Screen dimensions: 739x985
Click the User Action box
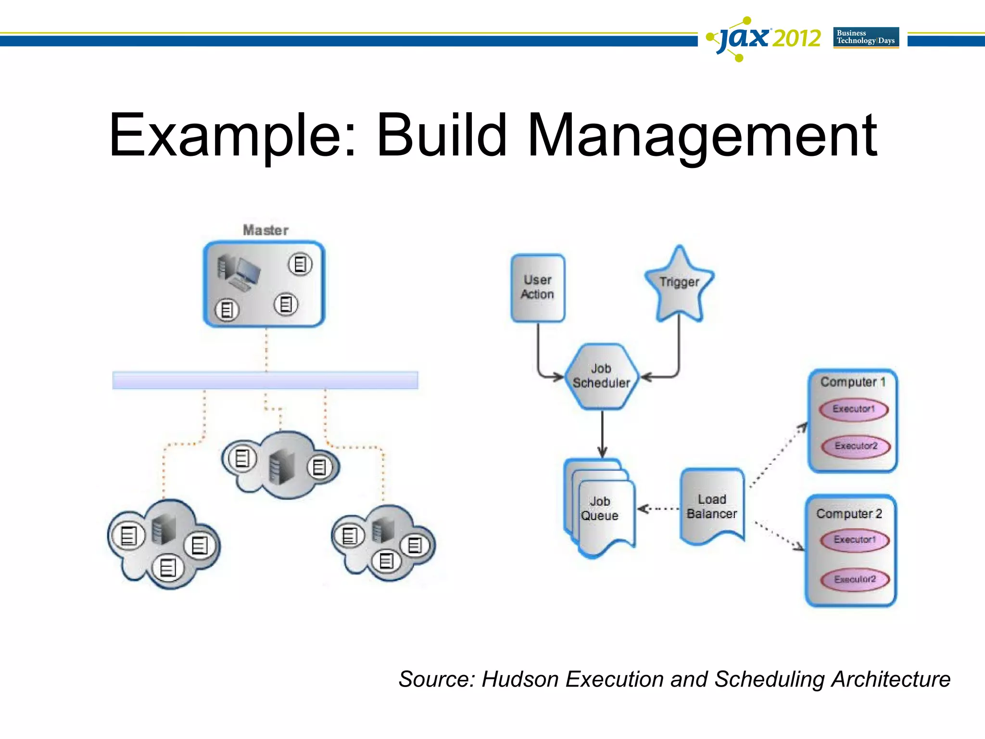tap(538, 288)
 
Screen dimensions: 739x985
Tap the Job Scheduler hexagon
tap(601, 376)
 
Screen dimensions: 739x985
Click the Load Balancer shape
tap(712, 507)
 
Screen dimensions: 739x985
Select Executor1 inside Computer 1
tap(853, 409)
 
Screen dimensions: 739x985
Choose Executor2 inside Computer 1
tap(856, 446)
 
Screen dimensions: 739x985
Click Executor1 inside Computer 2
tap(855, 540)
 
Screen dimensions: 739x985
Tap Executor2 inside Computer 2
tap(855, 579)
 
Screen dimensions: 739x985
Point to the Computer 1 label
tap(852, 382)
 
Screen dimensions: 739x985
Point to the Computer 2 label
tap(849, 514)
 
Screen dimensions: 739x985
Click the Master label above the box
tap(265, 230)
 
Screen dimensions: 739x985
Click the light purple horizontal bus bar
tap(265, 380)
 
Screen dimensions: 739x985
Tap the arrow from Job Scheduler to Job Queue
tap(602, 433)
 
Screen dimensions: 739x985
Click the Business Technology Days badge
tap(866, 38)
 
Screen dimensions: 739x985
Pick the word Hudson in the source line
tap(520, 679)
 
